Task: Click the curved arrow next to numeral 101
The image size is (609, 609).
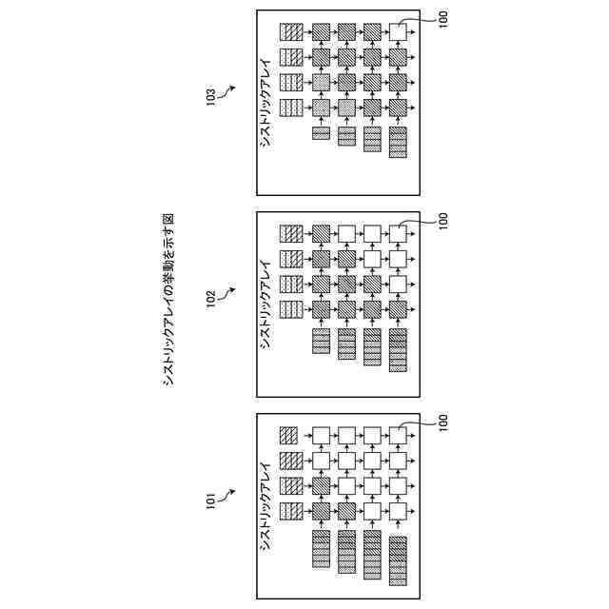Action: point(226,493)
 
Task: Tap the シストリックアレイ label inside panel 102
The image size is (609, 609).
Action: point(266,304)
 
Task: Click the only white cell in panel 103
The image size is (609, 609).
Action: point(399,32)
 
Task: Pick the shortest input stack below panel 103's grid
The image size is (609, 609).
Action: point(322,133)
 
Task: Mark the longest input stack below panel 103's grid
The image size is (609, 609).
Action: point(399,142)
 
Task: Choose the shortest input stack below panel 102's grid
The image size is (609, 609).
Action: point(322,340)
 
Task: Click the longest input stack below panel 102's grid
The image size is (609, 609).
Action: point(399,347)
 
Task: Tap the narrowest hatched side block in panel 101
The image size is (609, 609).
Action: point(289,435)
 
